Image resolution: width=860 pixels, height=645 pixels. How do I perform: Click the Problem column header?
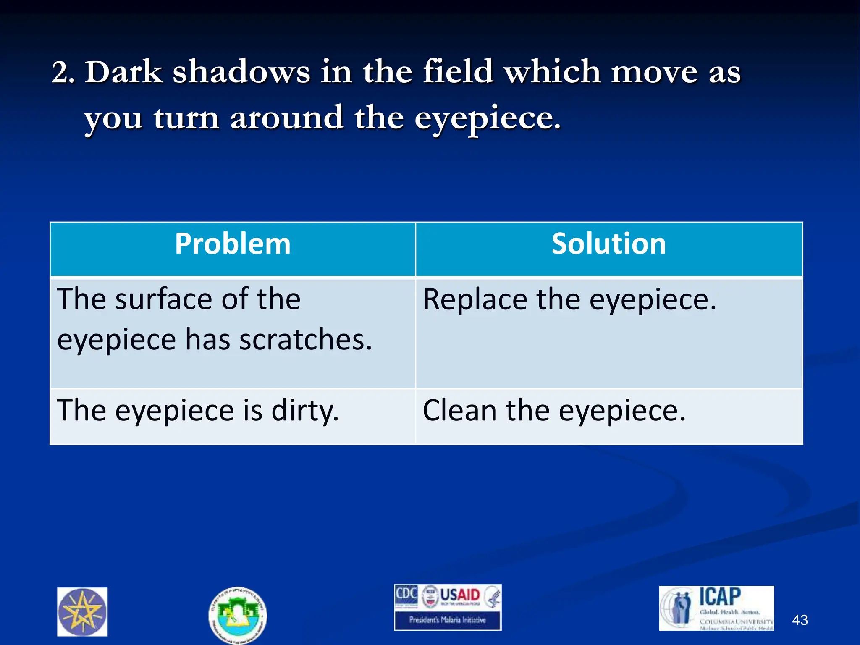pos(233,244)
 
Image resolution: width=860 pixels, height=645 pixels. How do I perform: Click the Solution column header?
pos(608,244)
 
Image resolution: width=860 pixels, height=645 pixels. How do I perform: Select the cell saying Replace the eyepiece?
pos(569,300)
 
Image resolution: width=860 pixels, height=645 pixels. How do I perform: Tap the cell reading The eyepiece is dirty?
pos(197,411)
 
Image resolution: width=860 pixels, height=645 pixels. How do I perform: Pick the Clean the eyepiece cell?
pos(554,411)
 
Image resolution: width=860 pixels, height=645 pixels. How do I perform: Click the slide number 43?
pos(800,620)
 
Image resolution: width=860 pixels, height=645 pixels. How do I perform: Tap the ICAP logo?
pos(716,608)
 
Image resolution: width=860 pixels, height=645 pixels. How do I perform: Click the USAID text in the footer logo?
pos(460,595)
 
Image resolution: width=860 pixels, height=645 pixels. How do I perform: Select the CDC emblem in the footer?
pos(406,596)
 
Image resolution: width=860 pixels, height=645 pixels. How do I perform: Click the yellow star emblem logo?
pos(82,612)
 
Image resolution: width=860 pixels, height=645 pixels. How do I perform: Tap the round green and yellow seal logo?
pos(238,615)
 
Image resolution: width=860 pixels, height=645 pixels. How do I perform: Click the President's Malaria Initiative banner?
pos(448,620)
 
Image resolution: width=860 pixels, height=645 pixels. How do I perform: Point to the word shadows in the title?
pos(241,72)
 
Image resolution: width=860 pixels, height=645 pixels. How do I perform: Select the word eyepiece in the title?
pos(487,119)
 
